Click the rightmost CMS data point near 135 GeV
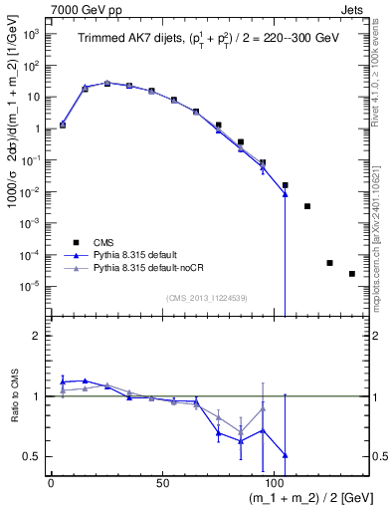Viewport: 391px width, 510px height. coord(352,274)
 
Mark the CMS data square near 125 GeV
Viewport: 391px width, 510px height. coord(329,263)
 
